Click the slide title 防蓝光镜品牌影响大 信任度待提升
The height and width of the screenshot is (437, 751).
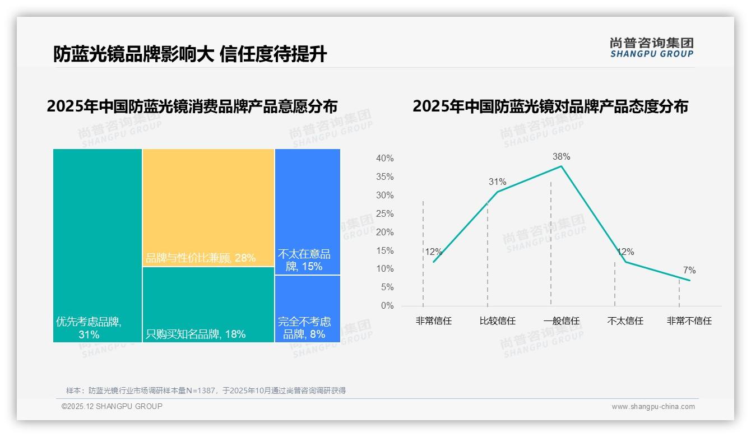tap(190, 54)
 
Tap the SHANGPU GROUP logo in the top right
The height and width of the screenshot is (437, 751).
tap(652, 48)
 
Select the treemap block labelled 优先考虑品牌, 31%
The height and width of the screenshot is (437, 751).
tap(98, 245)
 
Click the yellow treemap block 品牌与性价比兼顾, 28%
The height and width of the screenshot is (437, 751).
tap(208, 207)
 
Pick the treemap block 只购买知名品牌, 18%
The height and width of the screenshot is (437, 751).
tap(208, 304)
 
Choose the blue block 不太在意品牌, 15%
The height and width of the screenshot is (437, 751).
tap(307, 211)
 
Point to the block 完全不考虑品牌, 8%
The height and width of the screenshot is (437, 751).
tap(307, 309)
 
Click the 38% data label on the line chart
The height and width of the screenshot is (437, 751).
tap(561, 156)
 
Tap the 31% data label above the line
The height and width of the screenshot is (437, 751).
tap(497, 182)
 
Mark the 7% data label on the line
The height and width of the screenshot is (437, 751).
tap(689, 271)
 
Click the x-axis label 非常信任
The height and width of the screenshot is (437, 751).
tap(434, 321)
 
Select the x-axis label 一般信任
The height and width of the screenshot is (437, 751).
tap(561, 321)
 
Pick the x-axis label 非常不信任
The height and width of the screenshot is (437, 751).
tap(689, 321)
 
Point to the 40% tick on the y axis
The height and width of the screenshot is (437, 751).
tap(384, 159)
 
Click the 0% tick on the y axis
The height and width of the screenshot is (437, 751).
tap(387, 306)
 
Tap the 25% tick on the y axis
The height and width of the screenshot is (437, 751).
tap(384, 214)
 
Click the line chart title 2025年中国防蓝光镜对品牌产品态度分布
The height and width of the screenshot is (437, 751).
tap(550, 106)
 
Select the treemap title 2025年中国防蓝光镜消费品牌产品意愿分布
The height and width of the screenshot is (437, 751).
tap(192, 106)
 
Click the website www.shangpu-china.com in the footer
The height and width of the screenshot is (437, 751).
tap(653, 407)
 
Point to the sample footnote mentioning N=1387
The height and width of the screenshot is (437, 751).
tap(206, 390)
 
